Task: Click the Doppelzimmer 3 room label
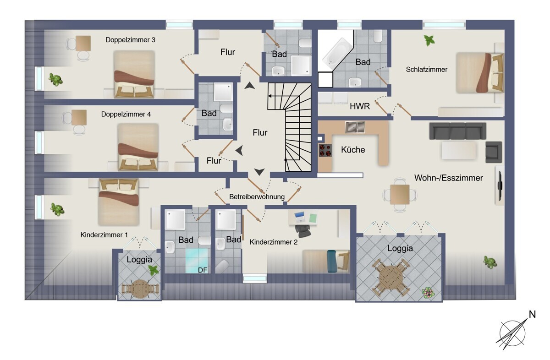click(130, 40)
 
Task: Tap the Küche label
click(353, 150)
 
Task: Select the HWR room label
click(360, 106)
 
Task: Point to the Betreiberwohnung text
click(257, 197)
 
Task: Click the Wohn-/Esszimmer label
click(449, 178)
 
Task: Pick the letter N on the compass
click(532, 314)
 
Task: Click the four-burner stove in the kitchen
click(325, 150)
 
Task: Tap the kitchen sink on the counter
click(355, 127)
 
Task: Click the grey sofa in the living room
click(457, 131)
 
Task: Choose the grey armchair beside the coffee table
click(494, 152)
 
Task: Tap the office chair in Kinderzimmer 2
click(302, 230)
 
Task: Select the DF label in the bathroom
click(203, 270)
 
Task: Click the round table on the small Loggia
click(140, 289)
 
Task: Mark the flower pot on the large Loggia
click(428, 293)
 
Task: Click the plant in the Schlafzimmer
click(429, 40)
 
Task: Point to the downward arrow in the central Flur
click(259, 172)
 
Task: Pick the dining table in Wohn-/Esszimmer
click(400, 195)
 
